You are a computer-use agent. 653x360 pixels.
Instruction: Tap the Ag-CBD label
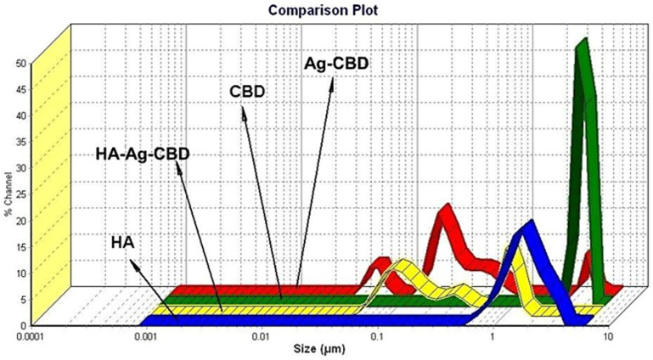[335, 65]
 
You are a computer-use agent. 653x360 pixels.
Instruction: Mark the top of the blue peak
[531, 222]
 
